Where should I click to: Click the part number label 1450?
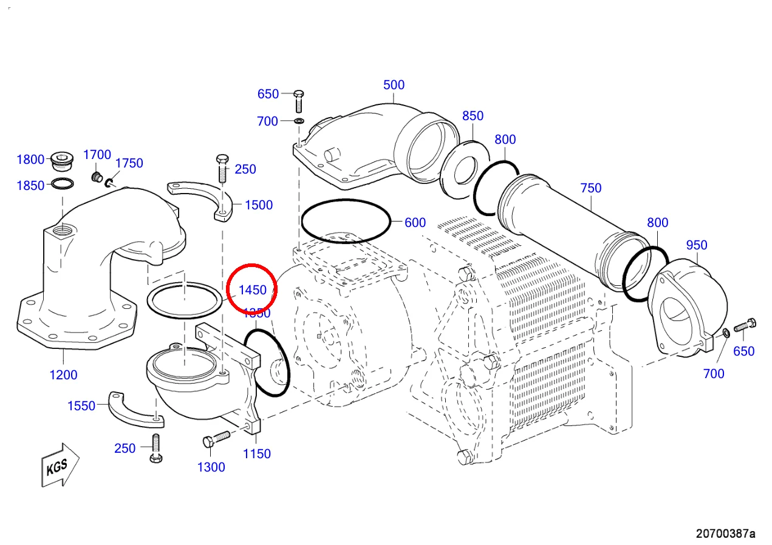252,290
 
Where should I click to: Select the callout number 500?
394,85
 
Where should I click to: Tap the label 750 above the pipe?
590,188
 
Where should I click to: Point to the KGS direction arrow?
60,465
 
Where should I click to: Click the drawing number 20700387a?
725,533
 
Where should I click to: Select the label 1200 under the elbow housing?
63,375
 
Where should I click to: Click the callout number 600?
415,223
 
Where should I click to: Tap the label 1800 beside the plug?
30,160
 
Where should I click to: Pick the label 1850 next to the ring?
30,186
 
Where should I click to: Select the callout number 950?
696,245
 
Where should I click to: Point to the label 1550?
81,406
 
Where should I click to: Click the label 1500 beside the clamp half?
259,205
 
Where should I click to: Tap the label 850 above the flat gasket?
473,116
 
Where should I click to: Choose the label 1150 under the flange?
256,454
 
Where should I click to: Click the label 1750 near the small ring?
129,163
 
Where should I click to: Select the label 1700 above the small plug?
97,155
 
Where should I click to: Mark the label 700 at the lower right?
714,374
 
